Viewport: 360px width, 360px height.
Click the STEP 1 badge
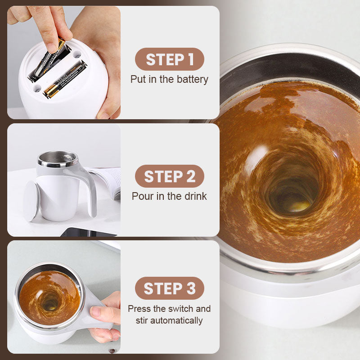click(170, 59)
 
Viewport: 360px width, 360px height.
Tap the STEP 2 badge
click(170, 176)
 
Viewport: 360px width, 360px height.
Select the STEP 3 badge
click(170, 288)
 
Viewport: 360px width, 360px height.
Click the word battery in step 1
click(193, 80)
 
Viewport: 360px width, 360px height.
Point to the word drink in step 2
click(196, 196)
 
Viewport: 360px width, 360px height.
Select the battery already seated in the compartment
click(65, 80)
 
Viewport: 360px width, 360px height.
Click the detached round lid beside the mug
click(31, 201)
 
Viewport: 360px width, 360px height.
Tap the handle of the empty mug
click(88, 188)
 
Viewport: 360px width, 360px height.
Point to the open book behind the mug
click(108, 181)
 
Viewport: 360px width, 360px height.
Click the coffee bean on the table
click(112, 351)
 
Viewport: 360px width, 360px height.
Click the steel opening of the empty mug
click(58, 159)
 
